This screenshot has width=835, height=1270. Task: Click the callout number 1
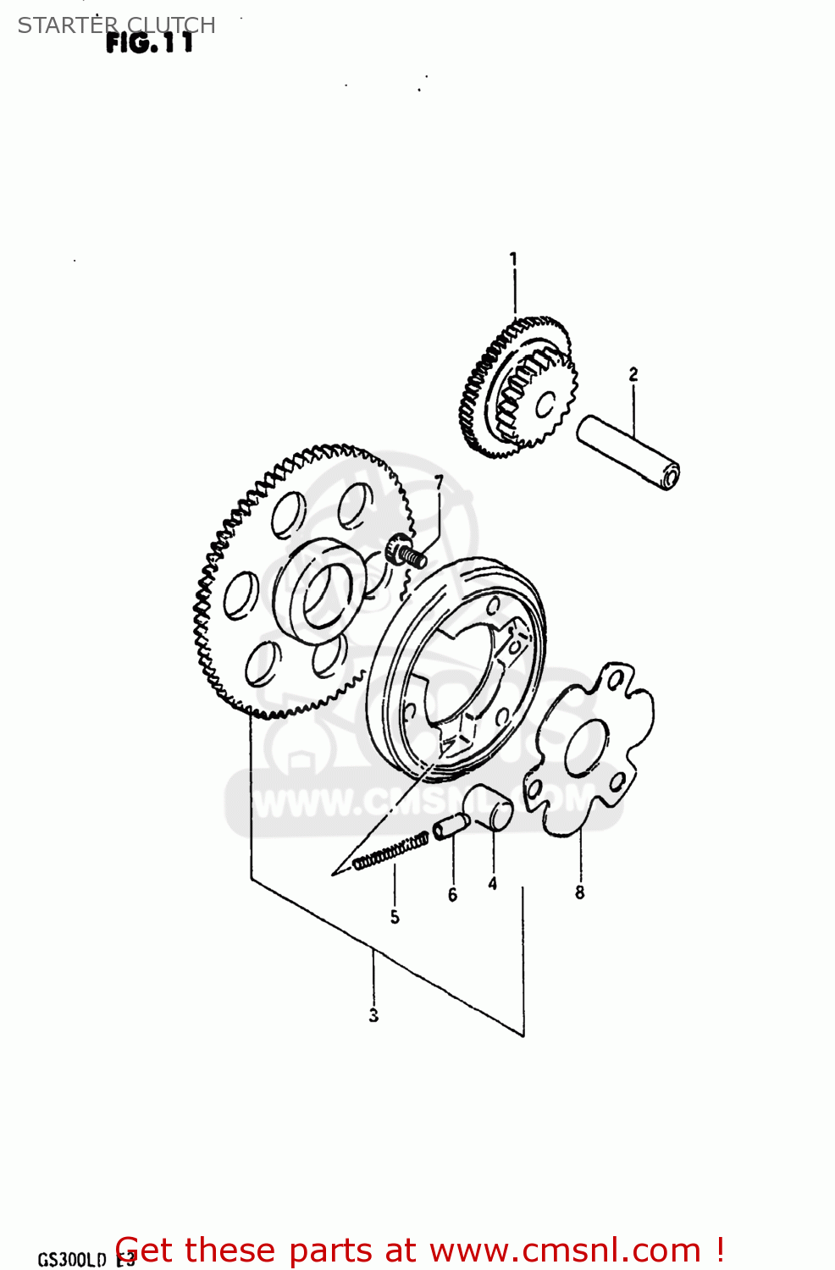pyautogui.click(x=513, y=258)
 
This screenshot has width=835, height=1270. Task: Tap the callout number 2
pyautogui.click(x=633, y=373)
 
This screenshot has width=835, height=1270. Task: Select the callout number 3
pyautogui.click(x=373, y=1015)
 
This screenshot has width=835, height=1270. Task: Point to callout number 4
pyautogui.click(x=492, y=884)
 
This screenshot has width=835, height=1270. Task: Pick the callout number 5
pyautogui.click(x=395, y=917)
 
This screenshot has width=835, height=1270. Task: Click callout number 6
pyautogui.click(x=452, y=895)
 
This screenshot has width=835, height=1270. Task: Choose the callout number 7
pyautogui.click(x=439, y=483)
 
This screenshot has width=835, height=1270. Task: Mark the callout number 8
pyautogui.click(x=580, y=892)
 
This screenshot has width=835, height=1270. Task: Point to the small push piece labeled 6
pyautogui.click(x=451, y=825)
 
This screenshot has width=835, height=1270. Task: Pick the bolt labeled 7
pyautogui.click(x=405, y=553)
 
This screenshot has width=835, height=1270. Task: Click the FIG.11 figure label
pyautogui.click(x=150, y=43)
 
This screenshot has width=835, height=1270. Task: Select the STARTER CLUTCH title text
pyautogui.click(x=116, y=25)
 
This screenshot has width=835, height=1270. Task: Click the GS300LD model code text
pyautogui.click(x=72, y=1260)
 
